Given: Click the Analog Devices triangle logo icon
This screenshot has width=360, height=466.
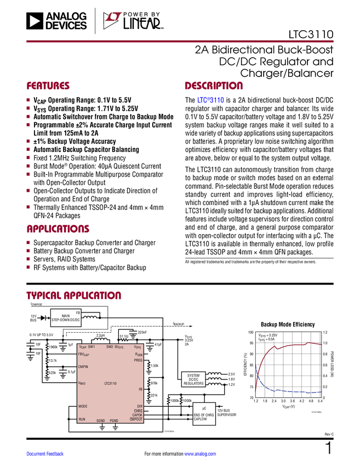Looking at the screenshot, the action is click(34, 21).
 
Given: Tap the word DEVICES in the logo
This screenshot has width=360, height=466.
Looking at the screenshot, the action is click(66, 25).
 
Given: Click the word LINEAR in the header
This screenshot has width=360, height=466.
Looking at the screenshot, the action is click(142, 24).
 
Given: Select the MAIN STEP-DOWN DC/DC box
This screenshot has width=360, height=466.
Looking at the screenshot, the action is click(66, 317).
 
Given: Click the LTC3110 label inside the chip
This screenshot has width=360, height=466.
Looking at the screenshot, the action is click(110, 383).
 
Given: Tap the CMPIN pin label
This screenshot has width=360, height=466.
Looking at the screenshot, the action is click(83, 366).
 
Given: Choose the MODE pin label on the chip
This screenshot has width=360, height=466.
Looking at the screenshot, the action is click(83, 406).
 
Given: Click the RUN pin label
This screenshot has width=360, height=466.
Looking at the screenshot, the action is click(82, 419).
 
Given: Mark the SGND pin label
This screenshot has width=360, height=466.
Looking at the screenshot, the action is click(101, 420).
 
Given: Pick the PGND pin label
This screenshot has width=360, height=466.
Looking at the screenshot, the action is click(114, 420).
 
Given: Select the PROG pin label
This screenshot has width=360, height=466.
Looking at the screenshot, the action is click(138, 360).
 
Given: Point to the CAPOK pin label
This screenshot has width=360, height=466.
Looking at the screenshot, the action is click(137, 415).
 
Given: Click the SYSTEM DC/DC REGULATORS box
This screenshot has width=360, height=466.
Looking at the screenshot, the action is click(193, 379).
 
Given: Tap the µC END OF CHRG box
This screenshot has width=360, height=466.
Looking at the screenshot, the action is click(204, 414).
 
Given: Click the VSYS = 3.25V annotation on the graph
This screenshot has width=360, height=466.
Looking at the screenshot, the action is click(268, 334).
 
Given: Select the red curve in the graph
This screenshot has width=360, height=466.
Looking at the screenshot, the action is click(290, 345).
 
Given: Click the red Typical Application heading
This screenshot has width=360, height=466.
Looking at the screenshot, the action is click(73, 295).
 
